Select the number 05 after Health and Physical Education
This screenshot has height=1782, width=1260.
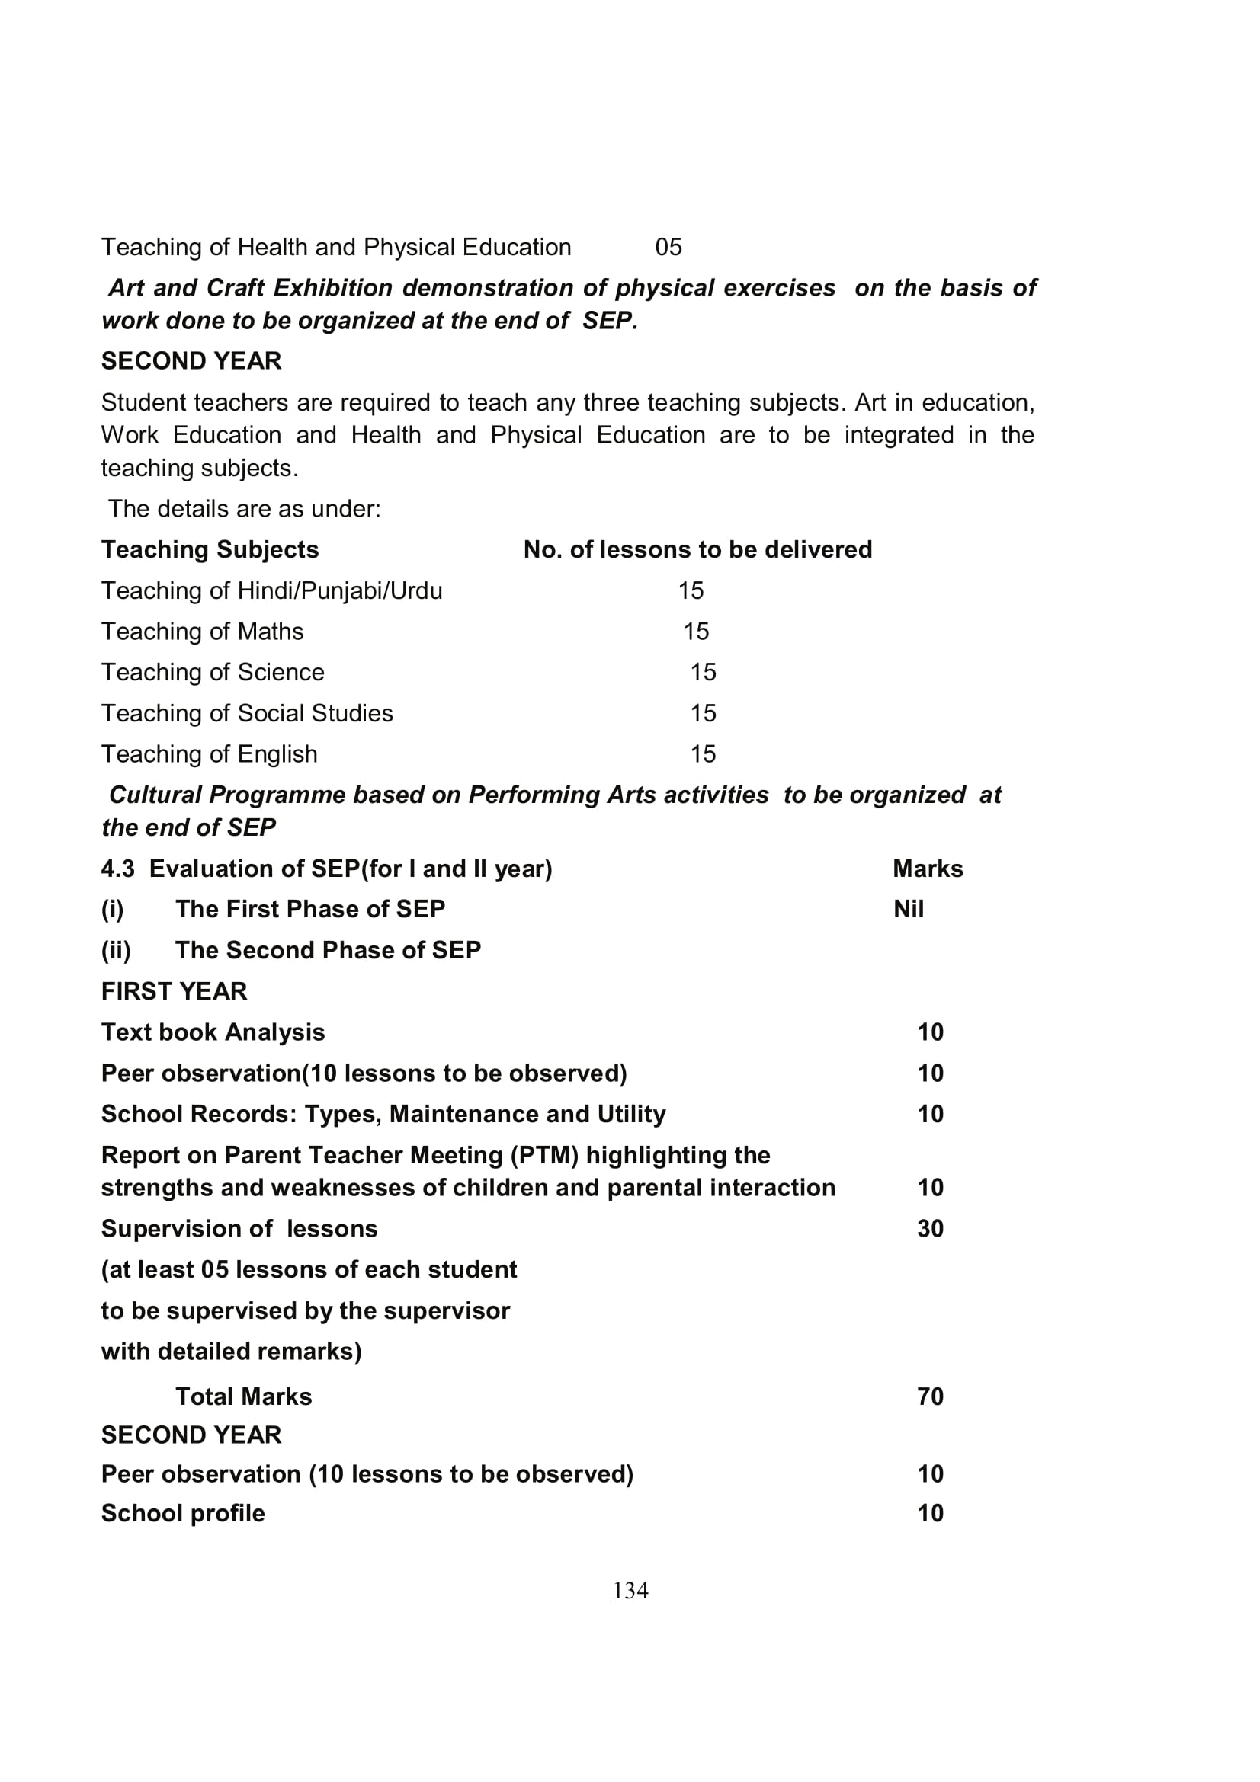668,247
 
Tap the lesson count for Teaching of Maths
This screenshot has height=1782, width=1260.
696,631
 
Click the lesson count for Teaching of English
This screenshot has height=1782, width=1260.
703,753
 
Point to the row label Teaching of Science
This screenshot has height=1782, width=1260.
213,672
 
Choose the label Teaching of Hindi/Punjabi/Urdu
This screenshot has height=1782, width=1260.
271,590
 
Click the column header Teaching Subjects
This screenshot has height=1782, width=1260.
210,549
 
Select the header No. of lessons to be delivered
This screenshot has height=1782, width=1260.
697,549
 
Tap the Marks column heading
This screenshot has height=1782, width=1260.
927,869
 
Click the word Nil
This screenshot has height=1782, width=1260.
909,909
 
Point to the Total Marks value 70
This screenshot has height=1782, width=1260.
930,1396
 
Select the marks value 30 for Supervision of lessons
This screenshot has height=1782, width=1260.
930,1229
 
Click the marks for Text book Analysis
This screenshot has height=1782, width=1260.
930,1032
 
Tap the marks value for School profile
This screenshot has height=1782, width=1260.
930,1513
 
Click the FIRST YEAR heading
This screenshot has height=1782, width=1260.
174,991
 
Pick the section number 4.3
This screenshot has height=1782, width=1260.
117,869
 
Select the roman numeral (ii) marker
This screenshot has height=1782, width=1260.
116,950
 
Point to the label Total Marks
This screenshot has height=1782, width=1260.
243,1396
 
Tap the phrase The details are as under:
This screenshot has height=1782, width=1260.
245,509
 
